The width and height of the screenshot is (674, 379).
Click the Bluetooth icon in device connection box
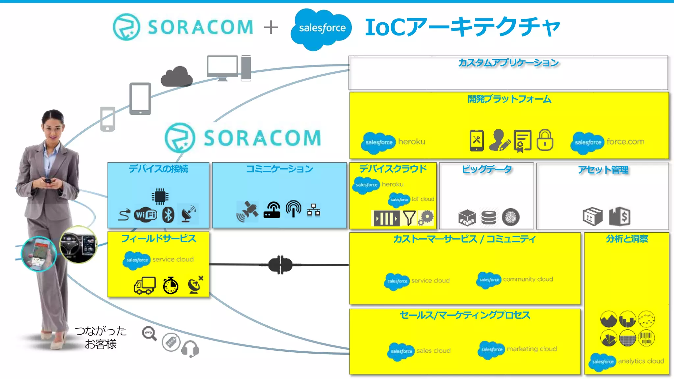coord(168,215)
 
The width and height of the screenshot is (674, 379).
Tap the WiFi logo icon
coord(145,215)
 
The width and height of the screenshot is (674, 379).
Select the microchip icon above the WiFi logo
coord(160,196)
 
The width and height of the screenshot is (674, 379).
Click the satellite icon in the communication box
coord(248,211)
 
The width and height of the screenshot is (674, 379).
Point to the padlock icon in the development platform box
coord(545,140)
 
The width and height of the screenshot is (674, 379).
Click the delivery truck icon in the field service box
coord(145,286)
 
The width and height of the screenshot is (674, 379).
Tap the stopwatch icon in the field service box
coord(170,285)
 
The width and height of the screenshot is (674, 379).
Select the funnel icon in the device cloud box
coord(409,218)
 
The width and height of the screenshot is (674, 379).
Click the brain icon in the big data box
coord(510,217)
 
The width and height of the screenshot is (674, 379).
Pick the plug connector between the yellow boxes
coord(280,265)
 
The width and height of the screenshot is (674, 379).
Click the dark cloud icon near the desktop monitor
coord(177,77)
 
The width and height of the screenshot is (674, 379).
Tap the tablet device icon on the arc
coord(140,99)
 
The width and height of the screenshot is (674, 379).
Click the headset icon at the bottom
coord(190,349)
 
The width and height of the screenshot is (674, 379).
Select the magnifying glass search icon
coord(149,334)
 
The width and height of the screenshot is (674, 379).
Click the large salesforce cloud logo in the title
coord(322,29)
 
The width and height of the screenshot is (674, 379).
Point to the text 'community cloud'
coord(528,279)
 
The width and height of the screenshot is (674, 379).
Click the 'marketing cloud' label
coord(531,349)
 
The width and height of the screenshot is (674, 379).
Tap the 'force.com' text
coord(625,142)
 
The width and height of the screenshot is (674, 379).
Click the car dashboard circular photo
coord(78,244)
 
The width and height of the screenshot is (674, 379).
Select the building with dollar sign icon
coord(619,216)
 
